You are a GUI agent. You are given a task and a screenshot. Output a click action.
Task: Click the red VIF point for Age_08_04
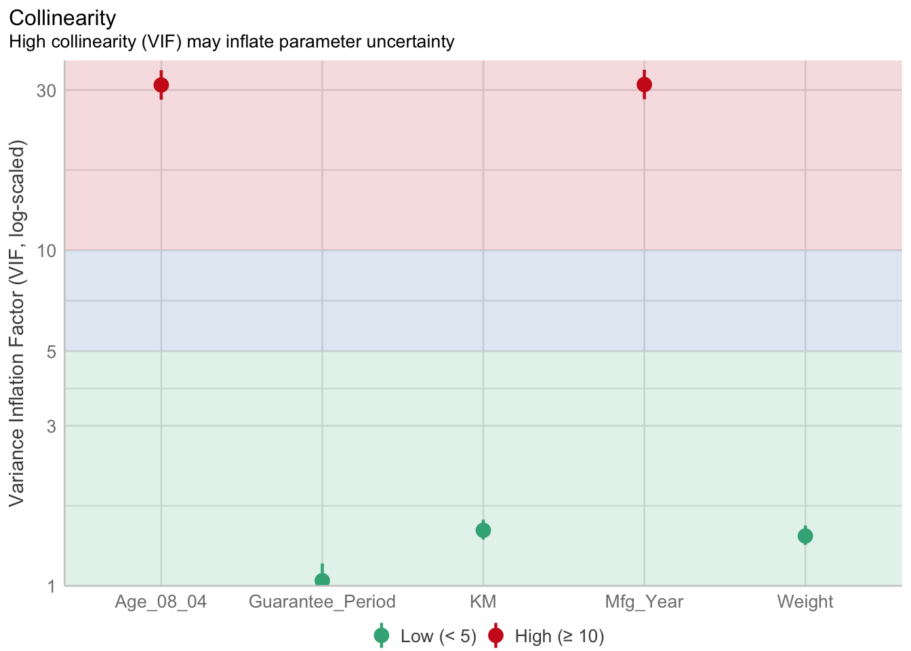coord(161,85)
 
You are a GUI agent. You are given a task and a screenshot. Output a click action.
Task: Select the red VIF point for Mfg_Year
coord(644,84)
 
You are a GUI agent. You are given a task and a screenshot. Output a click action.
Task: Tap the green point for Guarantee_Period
coord(322,580)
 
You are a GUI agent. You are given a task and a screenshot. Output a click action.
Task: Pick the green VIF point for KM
coord(483,530)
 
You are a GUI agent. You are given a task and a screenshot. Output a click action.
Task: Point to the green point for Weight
coord(805,536)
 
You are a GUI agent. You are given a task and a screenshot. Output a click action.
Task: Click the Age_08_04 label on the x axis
coord(161,601)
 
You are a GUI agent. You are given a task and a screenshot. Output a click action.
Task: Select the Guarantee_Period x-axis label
coord(322,601)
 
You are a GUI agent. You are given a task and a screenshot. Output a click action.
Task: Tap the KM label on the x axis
coord(483,601)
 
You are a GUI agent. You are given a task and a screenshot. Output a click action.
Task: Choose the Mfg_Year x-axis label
coord(644,601)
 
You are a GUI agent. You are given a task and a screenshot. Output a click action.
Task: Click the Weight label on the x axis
coord(805,601)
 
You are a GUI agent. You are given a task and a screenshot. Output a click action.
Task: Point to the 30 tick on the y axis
coord(45,91)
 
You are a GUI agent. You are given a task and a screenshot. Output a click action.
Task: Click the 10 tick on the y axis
coord(45,251)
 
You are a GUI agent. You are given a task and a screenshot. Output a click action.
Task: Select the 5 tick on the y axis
coord(49,352)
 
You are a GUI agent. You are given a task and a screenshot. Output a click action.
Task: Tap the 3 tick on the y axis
coord(49,427)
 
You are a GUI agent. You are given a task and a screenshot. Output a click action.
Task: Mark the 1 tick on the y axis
coord(49,586)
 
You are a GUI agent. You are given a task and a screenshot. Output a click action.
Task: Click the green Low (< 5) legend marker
coord(382,635)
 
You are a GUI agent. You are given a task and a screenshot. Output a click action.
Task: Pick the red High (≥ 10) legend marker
coord(495,635)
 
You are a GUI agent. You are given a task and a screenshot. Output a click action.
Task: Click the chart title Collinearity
coord(62,18)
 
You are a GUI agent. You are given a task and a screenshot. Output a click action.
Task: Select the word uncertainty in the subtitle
coord(410,42)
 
